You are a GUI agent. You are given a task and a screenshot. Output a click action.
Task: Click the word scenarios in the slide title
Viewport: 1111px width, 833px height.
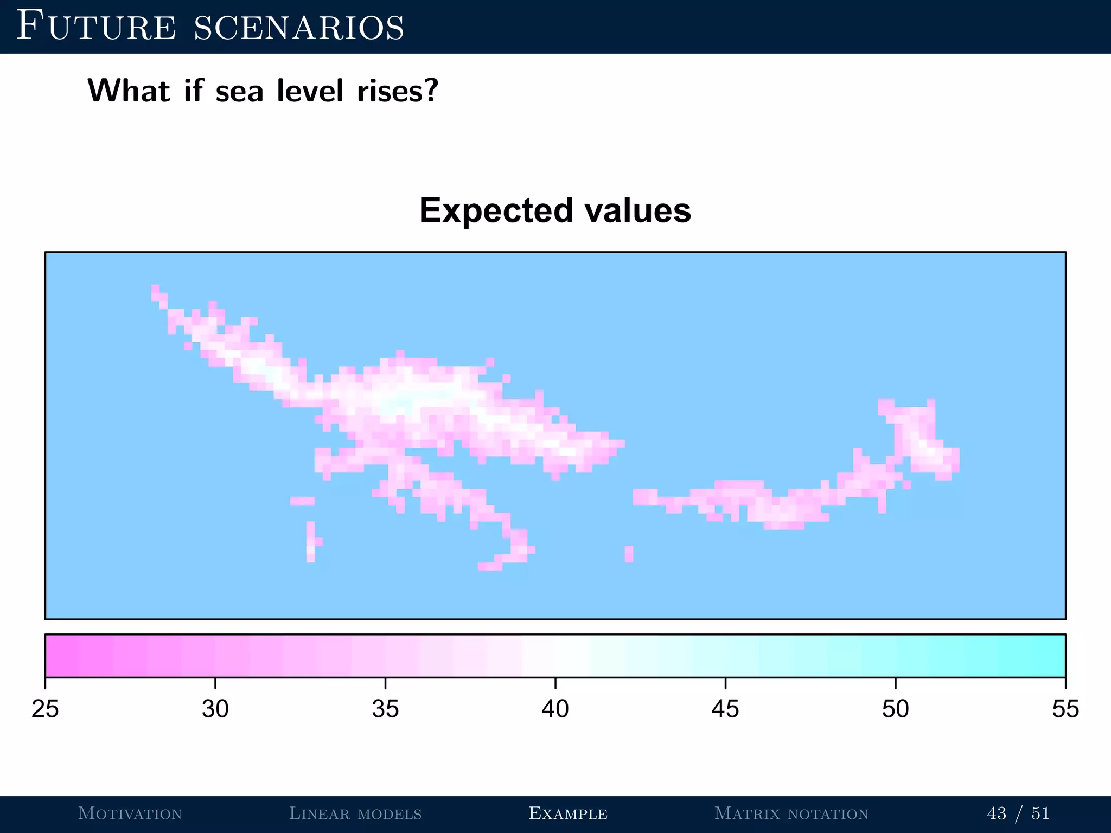pyautogui.click(x=299, y=28)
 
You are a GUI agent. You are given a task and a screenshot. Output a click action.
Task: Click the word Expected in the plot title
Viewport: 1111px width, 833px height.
pyautogui.click(x=496, y=211)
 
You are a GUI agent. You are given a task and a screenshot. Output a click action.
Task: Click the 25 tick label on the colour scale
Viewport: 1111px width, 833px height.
pyautogui.click(x=45, y=709)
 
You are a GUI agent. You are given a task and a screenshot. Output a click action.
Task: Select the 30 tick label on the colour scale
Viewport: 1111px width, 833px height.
pyautogui.click(x=215, y=709)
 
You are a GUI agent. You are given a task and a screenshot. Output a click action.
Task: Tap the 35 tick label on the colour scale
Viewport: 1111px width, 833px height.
pyautogui.click(x=385, y=709)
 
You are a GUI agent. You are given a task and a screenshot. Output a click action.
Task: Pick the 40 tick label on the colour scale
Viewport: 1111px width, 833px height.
pyautogui.click(x=555, y=709)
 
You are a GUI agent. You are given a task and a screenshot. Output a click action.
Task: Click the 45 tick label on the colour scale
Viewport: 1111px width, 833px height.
pyautogui.click(x=725, y=709)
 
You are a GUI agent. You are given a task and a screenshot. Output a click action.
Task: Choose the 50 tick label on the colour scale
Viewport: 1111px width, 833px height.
pyautogui.click(x=895, y=709)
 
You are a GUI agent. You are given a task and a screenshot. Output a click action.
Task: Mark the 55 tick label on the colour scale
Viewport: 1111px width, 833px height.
pyautogui.click(x=1065, y=709)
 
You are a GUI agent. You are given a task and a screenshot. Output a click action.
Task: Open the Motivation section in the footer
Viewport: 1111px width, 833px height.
pyautogui.click(x=130, y=813)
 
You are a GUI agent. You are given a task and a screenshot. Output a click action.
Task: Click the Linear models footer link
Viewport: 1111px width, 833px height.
pyautogui.click(x=355, y=813)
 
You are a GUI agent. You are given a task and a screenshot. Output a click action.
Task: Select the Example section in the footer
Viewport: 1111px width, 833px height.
pyautogui.click(x=568, y=813)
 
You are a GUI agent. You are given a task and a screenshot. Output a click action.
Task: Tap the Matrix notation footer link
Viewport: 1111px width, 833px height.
pyautogui.click(x=791, y=813)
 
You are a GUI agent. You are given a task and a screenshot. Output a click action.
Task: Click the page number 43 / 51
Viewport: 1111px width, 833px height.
pyautogui.click(x=1018, y=813)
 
